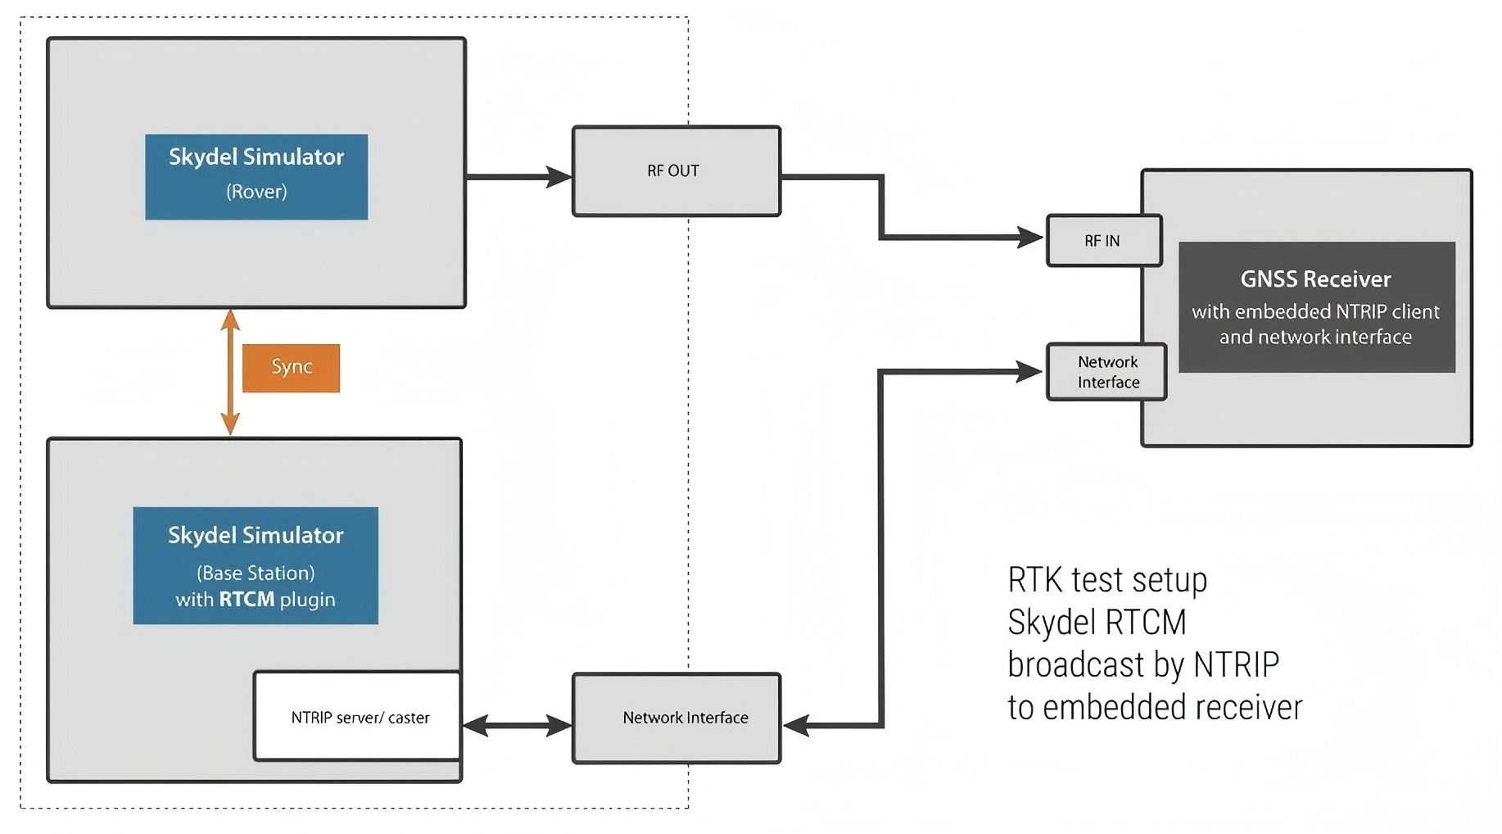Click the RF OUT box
click(676, 171)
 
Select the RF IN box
click(1104, 241)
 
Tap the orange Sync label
click(292, 368)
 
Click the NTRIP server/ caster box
click(358, 717)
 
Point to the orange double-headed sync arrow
click(230, 372)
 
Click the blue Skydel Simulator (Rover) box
click(256, 177)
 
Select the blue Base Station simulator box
click(256, 565)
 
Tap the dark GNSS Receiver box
click(1317, 307)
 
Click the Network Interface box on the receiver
click(1106, 372)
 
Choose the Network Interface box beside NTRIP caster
click(676, 718)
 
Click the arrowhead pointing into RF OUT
click(559, 177)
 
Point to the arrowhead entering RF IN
click(1030, 238)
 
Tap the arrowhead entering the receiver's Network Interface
click(1030, 371)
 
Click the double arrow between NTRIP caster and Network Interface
click(517, 725)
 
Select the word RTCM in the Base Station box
click(247, 600)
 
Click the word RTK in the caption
click(1035, 580)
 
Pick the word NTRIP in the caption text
click(1236, 664)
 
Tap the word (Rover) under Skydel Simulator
click(256, 192)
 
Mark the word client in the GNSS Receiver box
click(1415, 311)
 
